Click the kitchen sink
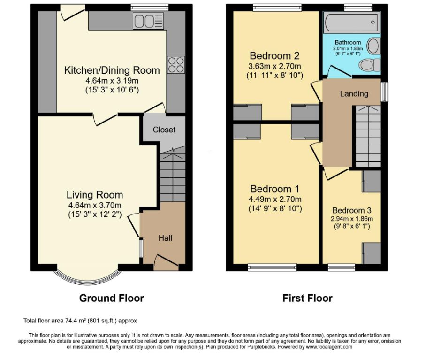click(149, 21)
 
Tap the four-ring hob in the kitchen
click(176, 65)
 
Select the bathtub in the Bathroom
click(351, 22)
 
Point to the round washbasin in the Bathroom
click(373, 46)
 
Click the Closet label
click(164, 130)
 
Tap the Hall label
click(166, 238)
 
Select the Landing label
click(354, 94)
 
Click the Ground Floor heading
click(112, 298)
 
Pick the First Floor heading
click(307, 298)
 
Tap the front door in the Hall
click(166, 262)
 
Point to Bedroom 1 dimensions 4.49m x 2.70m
click(275, 199)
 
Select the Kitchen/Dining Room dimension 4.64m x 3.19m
click(112, 81)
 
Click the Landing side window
click(384, 92)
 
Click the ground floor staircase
click(173, 174)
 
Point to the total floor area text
click(80, 321)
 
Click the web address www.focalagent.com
click(328, 347)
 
